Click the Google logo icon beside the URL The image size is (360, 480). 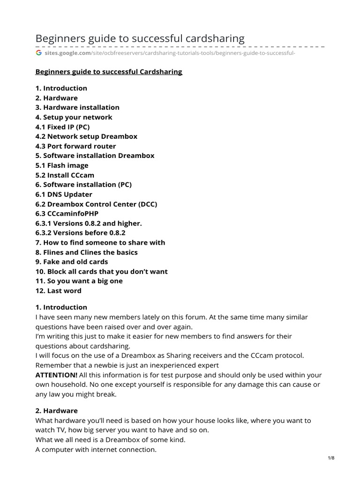click(39, 53)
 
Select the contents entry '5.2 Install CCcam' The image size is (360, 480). click(65, 175)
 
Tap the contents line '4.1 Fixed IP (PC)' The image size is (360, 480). click(62, 127)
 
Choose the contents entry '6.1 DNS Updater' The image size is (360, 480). click(64, 194)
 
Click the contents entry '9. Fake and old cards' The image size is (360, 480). click(72, 262)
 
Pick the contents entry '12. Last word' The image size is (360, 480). click(59, 291)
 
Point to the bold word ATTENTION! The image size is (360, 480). click(56, 375)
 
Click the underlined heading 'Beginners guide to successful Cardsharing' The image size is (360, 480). click(109, 72)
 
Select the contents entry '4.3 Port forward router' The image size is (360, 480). click(75, 146)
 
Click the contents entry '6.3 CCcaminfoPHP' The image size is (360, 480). click(67, 213)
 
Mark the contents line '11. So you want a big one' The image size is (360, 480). click(79, 281)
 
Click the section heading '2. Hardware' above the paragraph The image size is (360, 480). click(57, 411)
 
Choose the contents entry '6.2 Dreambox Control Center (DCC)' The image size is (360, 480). click(96, 204)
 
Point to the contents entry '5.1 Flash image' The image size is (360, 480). click(62, 165)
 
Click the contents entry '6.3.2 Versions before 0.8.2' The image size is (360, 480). click(80, 232)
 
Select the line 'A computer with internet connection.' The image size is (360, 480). click(96, 450)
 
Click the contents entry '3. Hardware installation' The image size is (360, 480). click(77, 107)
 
